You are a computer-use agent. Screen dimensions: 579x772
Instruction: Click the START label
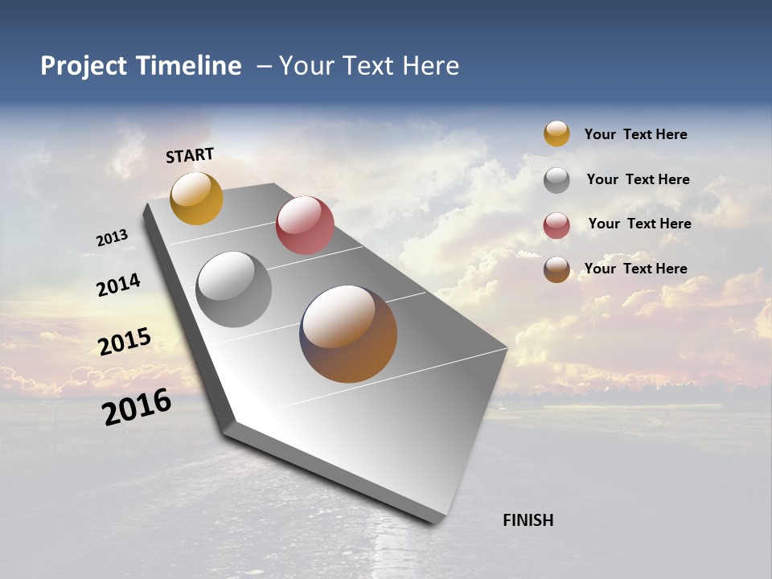point(190,155)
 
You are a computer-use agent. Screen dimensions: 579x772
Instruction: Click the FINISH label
point(528,520)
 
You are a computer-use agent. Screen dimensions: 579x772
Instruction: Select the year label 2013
point(112,238)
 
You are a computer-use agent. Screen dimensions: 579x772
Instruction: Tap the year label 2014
point(118,285)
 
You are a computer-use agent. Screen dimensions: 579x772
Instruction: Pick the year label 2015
point(125,342)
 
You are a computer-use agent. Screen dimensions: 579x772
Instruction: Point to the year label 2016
point(137,406)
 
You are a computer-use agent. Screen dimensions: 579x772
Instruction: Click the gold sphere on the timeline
point(196,198)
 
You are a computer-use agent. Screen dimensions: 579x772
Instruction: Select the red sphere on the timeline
point(305,225)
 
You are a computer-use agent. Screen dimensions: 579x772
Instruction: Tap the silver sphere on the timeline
point(234,289)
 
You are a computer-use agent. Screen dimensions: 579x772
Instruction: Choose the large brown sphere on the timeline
point(348,334)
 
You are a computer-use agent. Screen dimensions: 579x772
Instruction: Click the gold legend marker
point(556,133)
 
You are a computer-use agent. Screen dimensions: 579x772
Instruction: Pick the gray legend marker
point(556,179)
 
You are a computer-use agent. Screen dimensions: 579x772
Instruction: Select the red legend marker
point(556,224)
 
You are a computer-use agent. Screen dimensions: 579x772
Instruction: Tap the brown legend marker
point(556,269)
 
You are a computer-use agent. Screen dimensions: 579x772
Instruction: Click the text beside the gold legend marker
point(635,134)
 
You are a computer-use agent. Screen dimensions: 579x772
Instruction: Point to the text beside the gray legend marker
point(638,179)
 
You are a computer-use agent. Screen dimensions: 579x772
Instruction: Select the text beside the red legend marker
point(639,224)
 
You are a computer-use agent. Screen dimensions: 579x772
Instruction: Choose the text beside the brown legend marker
point(635,269)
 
